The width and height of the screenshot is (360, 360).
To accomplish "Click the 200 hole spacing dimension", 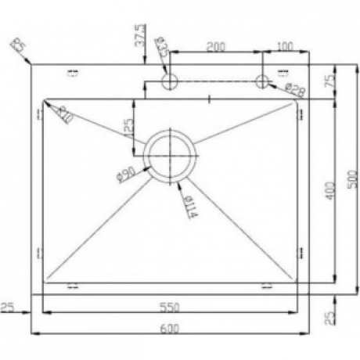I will point(215,47).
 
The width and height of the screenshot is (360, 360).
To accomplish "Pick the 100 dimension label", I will point(286,47).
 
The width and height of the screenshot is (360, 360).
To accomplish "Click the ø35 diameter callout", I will point(162,47).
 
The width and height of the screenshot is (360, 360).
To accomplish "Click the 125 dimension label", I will point(128,125).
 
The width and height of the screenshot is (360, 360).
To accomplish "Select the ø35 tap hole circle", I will point(168,81).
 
